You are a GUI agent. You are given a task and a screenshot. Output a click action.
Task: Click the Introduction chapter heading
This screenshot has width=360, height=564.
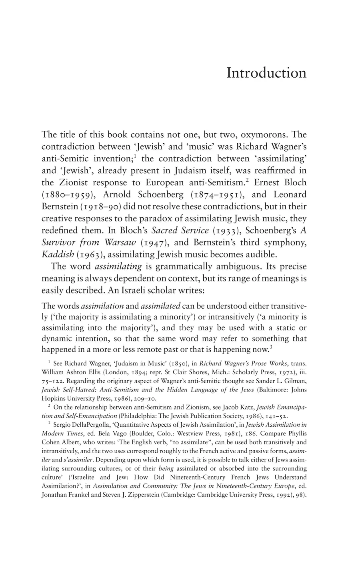pos(266,73)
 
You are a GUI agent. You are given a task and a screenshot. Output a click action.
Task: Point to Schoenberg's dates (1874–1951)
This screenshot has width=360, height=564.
pos(213,195)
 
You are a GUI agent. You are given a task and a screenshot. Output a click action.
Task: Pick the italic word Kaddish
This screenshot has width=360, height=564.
pos(58,255)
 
